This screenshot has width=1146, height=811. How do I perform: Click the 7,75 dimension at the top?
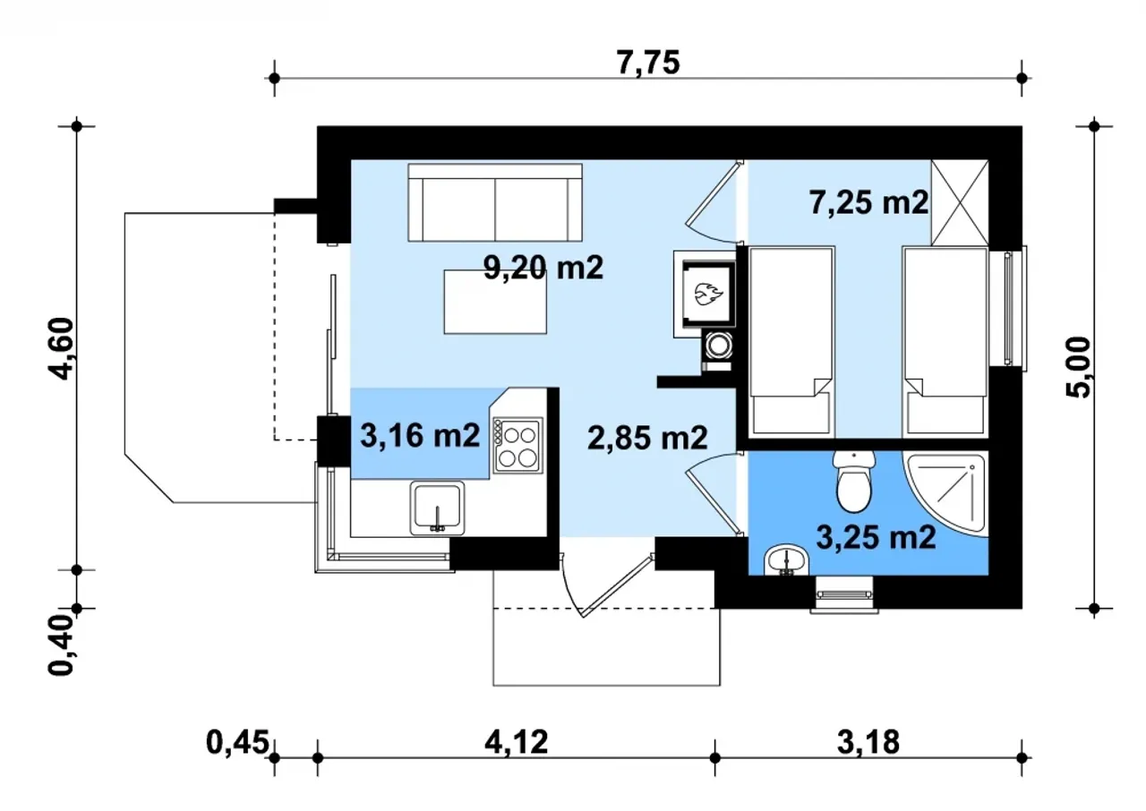[648, 63]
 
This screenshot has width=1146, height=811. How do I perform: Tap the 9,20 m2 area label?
[543, 268]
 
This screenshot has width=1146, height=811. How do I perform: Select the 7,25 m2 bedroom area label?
[868, 202]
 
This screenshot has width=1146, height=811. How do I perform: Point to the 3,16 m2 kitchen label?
[420, 436]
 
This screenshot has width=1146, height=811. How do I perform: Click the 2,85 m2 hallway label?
[647, 439]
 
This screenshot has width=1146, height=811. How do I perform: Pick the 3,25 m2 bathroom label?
[876, 537]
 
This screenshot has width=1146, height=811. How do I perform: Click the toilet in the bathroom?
[853, 482]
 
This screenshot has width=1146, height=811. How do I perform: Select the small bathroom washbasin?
[785, 560]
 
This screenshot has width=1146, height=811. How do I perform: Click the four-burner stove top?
[517, 445]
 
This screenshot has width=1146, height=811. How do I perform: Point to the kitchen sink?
[437, 508]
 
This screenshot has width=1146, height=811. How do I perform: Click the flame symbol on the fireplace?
[708, 295]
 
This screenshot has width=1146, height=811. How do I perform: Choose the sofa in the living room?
[495, 202]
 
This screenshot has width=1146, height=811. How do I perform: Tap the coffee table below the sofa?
[495, 302]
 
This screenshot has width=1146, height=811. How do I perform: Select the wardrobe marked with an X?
[959, 202]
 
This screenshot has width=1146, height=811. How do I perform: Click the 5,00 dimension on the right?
[1078, 367]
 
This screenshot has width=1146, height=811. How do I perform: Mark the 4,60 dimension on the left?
[62, 348]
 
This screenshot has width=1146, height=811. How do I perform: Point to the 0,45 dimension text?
[237, 742]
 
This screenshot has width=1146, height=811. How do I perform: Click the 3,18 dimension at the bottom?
[868, 742]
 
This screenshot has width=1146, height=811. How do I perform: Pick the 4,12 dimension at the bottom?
[517, 742]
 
